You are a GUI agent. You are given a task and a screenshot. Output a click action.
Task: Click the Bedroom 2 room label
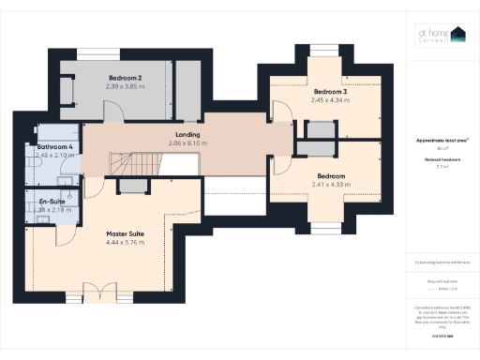tap(125, 77)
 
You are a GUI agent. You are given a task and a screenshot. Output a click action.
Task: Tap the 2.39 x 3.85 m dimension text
tap(125, 86)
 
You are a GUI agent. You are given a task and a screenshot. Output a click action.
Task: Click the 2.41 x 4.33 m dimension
tap(331, 185)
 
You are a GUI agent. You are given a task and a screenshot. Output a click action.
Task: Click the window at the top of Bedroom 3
tap(324, 50)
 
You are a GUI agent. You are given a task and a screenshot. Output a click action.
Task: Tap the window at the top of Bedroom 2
tap(91, 53)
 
